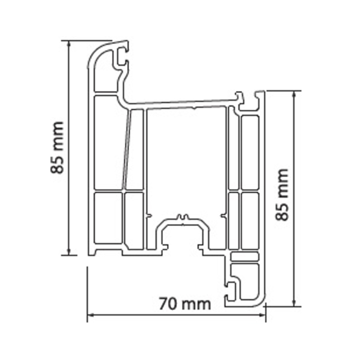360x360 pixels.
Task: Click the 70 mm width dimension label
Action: coord(185,304)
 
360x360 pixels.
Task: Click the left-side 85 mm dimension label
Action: coord(57,148)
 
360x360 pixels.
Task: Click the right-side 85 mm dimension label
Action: coord(282,195)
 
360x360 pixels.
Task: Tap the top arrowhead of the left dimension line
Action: coord(68,43)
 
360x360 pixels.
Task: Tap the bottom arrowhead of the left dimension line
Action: coord(68,252)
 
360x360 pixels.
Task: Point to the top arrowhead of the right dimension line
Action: coord(294,94)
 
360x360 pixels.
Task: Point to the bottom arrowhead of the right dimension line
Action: coord(294,303)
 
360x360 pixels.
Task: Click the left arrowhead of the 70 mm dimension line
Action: coord(90,315)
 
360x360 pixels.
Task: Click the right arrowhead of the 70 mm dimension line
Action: coord(262,315)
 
